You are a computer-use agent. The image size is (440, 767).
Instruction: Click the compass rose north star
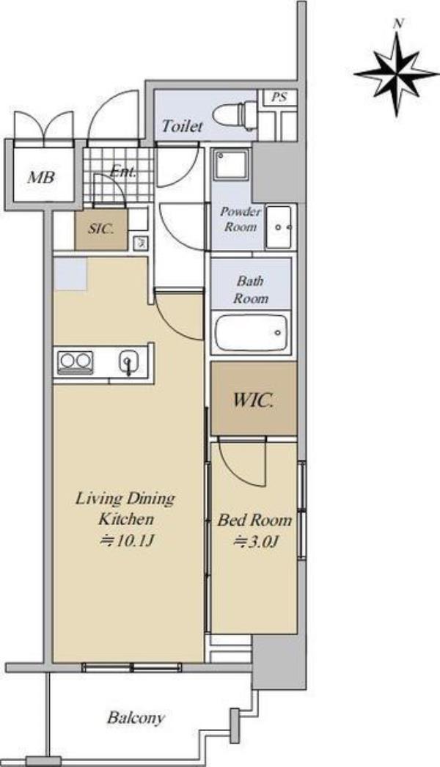tap(397, 74)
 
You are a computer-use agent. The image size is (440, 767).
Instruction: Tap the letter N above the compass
tap(400, 23)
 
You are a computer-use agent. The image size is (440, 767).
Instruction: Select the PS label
tap(279, 97)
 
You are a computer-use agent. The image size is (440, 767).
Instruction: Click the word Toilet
tap(182, 126)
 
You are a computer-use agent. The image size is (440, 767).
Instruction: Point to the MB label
tap(41, 177)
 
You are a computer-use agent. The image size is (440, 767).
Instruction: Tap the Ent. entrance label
tap(123, 172)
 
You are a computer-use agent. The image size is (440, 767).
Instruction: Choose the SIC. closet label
tap(100, 229)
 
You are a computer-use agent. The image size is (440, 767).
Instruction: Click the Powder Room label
tap(241, 219)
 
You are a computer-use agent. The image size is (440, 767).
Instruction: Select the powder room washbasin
tap(278, 227)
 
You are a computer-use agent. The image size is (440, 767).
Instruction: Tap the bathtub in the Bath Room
tap(251, 333)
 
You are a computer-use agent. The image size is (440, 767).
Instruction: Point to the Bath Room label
tap(251, 290)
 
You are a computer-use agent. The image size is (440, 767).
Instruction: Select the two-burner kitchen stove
tap(76, 362)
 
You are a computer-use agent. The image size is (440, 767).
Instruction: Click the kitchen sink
tap(129, 362)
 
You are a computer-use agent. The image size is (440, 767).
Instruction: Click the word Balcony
tap(136, 718)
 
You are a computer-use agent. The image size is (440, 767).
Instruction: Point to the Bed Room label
tap(254, 519)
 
